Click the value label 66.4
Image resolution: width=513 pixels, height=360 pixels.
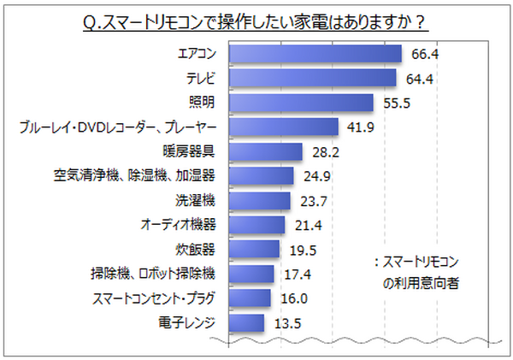point(424,54)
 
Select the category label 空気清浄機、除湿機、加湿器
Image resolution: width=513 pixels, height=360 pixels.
point(133,176)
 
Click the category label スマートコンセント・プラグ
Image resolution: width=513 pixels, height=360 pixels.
point(152,298)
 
